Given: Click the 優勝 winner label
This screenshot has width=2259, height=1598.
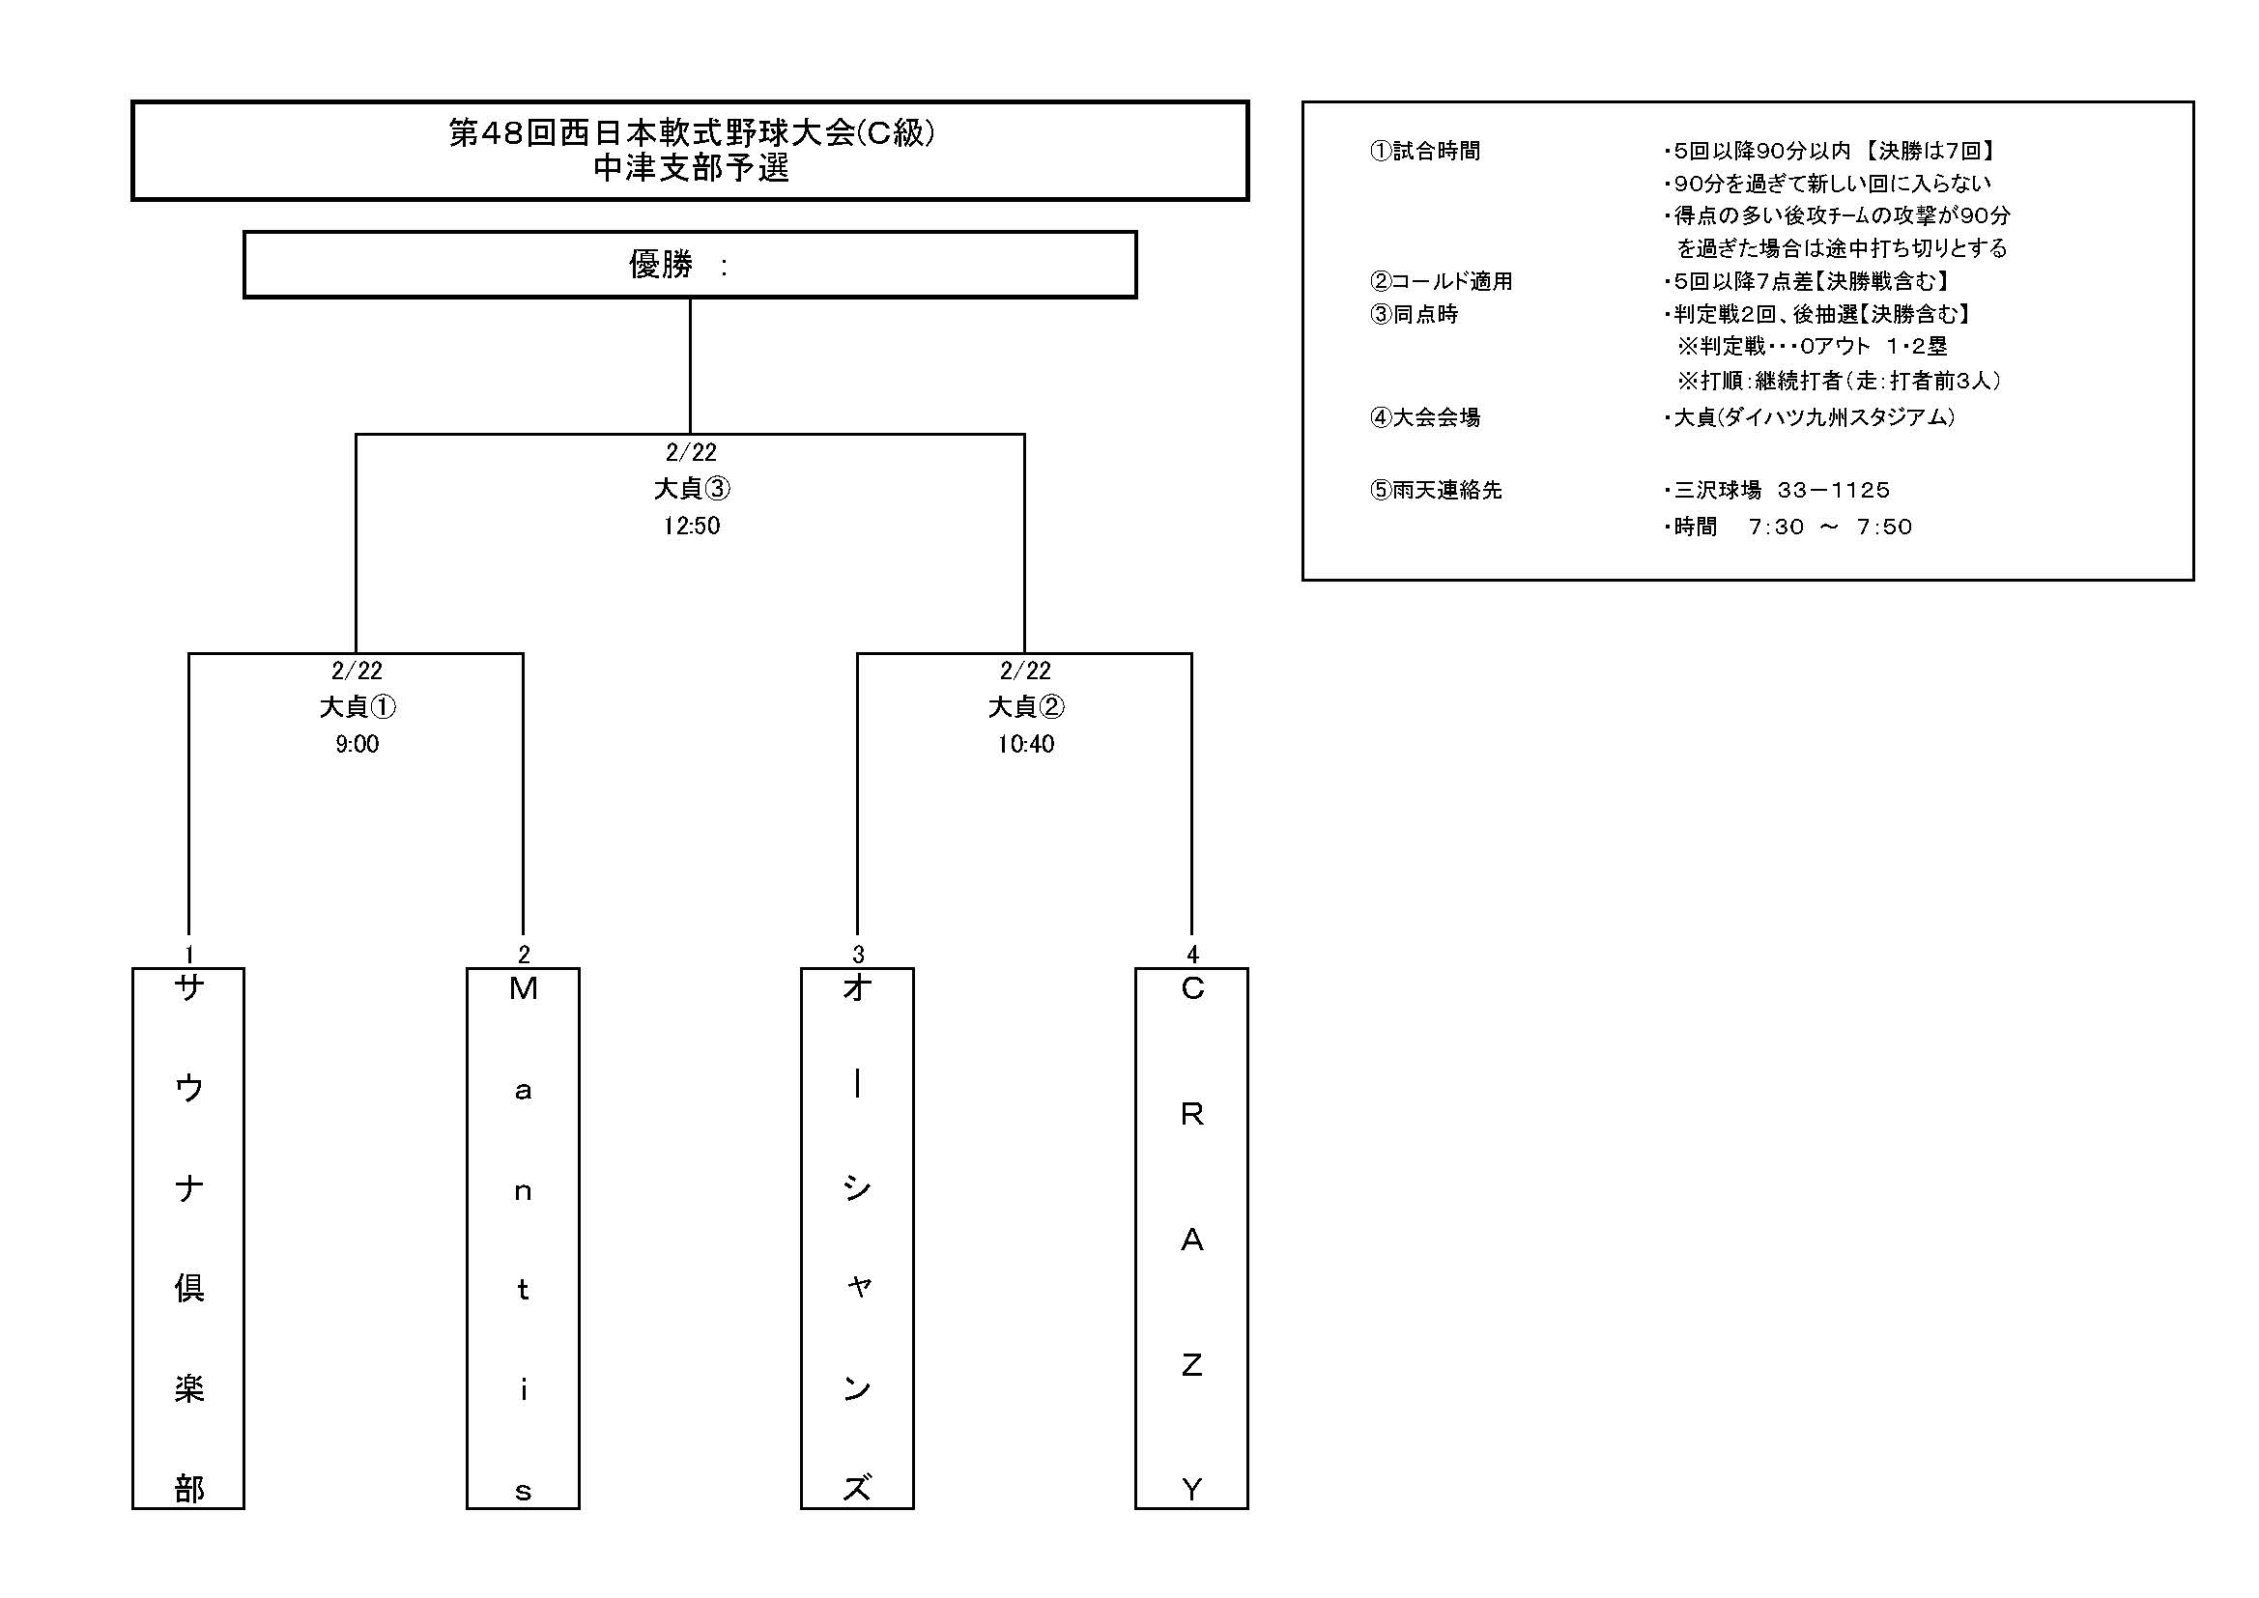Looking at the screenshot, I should pos(661,264).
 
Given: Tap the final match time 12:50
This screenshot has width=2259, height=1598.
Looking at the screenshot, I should pos(691,526).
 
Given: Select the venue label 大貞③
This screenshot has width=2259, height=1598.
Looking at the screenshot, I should pos(692,488).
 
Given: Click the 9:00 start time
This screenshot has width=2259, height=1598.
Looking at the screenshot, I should pos(357,744).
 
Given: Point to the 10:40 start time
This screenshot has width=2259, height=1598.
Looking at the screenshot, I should pos(1025,744).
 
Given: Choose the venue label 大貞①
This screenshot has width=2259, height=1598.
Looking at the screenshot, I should pos(357,706).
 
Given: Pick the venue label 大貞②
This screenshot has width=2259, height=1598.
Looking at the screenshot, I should pos(1026,706).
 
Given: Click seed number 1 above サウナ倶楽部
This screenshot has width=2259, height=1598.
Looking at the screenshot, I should pos(189,954).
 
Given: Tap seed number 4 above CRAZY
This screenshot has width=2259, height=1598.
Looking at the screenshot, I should pos(1192,954).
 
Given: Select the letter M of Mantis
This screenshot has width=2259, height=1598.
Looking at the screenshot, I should pos(524,988).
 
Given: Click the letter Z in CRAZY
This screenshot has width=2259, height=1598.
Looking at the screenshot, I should pos(1191,1365).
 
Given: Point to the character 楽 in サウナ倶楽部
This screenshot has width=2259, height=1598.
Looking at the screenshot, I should pos(189,1387).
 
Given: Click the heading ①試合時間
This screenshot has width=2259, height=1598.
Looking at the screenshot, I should pos(1424,151).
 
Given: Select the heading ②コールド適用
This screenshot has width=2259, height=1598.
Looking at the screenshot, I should pos(1441,281).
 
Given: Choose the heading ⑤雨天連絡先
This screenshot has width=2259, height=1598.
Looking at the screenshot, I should pos(1436,490).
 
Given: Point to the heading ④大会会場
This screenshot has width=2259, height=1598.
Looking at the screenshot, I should pos(1424,417).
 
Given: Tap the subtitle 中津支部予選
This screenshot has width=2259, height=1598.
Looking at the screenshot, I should pos(691,169).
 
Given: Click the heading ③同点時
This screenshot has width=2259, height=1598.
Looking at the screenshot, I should pos(1414,314).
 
